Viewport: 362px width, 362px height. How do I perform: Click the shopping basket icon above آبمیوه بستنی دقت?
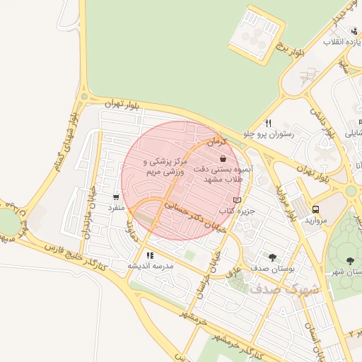(223, 160)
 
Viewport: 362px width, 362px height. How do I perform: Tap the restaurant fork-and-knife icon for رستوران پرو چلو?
(268, 123)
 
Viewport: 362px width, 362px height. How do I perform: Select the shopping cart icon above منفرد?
(116, 197)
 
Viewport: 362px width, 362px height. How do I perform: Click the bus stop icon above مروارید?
(315, 209)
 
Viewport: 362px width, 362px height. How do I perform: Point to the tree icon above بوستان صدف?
(272, 257)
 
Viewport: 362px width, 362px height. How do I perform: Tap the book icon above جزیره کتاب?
(236, 200)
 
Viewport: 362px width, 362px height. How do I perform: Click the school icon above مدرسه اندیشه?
(150, 255)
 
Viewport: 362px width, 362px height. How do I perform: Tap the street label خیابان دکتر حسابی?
(189, 216)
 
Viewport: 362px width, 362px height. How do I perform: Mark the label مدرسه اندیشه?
(150, 266)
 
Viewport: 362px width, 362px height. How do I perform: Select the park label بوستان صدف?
(272, 268)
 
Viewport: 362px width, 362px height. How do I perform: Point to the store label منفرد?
(116, 208)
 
